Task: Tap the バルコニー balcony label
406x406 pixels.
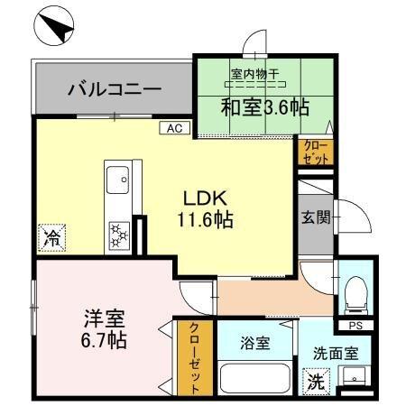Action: [x=115, y=90]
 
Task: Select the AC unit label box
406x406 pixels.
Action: [x=173, y=128]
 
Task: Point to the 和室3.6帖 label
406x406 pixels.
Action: [x=264, y=107]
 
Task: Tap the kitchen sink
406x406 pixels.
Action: [x=118, y=183]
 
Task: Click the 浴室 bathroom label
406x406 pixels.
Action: [x=254, y=343]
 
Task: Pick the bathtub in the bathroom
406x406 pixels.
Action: [x=254, y=378]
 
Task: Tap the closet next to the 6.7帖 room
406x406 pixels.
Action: [x=192, y=359]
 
